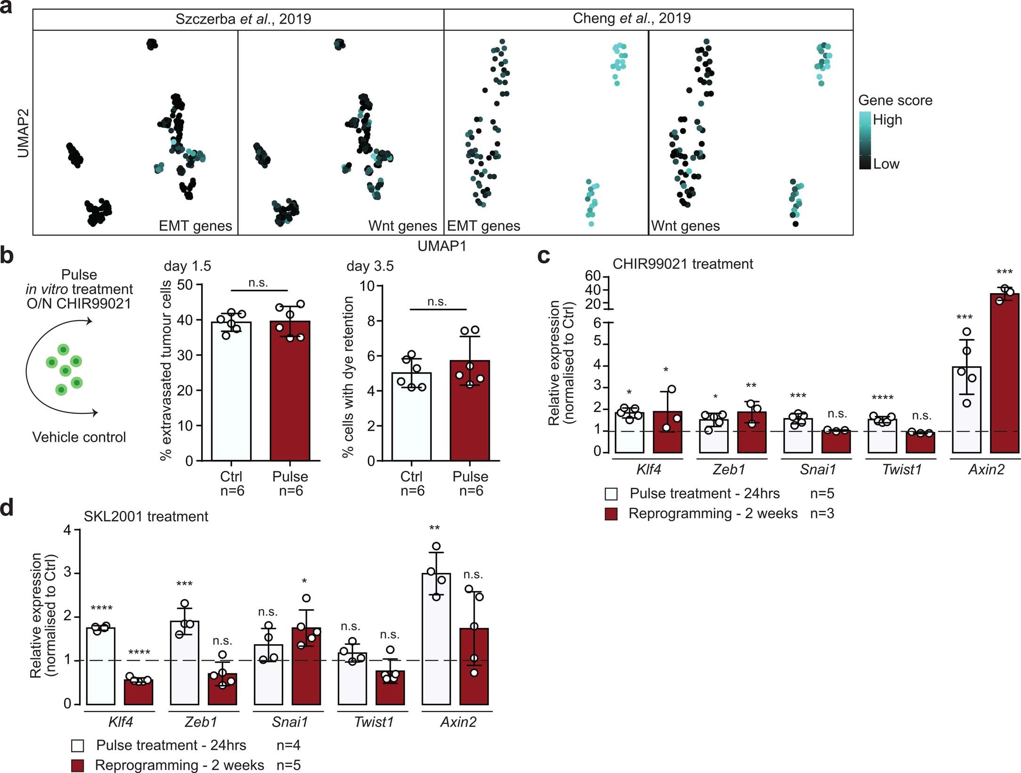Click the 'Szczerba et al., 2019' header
[243, 19]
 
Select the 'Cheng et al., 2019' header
[631, 19]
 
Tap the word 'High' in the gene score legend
[887, 120]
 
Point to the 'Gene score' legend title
[895, 100]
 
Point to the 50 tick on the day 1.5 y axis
[185, 285]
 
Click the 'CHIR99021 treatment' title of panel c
[682, 264]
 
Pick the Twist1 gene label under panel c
[901, 470]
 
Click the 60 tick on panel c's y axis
[593, 276]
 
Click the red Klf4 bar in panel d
[138, 692]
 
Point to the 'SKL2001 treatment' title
[146, 517]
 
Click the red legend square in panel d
[78, 765]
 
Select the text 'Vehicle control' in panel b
[79, 437]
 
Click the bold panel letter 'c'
[543, 257]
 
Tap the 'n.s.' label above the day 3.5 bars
[437, 302]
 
